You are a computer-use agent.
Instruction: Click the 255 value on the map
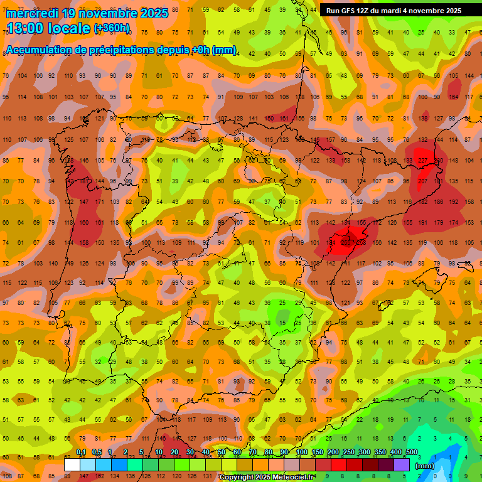(x=346, y=242)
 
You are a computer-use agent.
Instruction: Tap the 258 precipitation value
(x=361, y=242)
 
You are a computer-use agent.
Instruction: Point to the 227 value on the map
(x=422, y=160)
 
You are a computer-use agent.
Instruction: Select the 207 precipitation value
(x=422, y=181)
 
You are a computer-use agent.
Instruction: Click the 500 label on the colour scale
(x=412, y=452)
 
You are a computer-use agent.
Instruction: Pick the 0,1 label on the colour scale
(x=81, y=452)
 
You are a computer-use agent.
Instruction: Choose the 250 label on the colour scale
(x=349, y=452)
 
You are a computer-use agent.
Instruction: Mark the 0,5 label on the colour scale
(x=97, y=452)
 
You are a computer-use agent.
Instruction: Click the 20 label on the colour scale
(x=174, y=452)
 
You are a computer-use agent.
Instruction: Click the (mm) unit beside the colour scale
(x=425, y=466)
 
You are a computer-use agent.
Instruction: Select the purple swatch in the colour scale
(x=402, y=464)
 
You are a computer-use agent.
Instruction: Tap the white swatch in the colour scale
(x=72, y=464)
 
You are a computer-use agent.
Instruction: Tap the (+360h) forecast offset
(x=112, y=28)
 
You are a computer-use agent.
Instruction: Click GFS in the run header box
(x=349, y=10)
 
